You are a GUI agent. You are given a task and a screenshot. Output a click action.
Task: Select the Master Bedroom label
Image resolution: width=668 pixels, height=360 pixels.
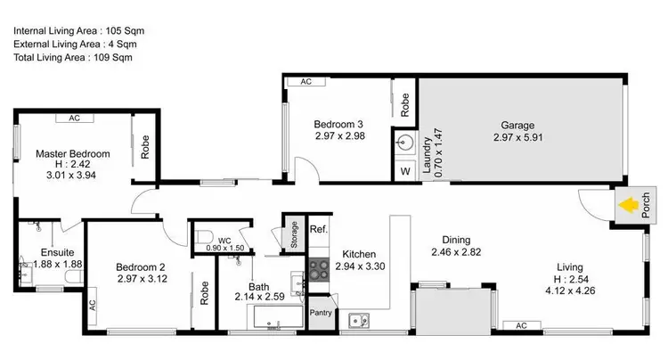click(x=73, y=154)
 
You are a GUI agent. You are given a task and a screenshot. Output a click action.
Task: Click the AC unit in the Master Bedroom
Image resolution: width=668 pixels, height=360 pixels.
click(x=74, y=117)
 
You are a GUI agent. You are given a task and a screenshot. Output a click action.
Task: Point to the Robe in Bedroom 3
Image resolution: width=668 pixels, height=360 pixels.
click(x=404, y=106)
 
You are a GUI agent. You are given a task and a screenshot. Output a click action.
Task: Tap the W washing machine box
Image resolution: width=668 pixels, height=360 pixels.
click(x=405, y=170)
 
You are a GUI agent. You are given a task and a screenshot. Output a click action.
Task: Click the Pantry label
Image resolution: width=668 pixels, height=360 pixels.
click(x=321, y=312)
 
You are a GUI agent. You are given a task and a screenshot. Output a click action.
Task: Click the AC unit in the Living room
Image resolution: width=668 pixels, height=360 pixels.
click(x=522, y=325)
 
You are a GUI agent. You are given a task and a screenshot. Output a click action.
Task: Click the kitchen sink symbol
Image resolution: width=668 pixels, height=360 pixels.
click(x=359, y=318)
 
